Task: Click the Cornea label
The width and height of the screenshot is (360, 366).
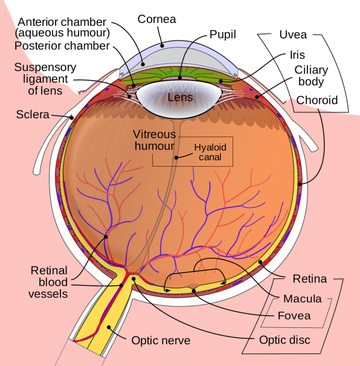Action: tap(156, 19)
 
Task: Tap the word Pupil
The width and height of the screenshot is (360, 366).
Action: tap(222, 35)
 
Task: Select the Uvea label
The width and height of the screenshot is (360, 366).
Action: tap(293, 35)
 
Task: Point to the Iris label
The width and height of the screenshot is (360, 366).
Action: tap(297, 55)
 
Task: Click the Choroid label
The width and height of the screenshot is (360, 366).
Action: tap(317, 100)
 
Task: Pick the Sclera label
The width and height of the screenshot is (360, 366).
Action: tap(33, 115)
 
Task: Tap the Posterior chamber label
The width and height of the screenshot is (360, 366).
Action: tap(62, 46)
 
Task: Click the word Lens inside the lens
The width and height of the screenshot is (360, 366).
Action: tap(180, 97)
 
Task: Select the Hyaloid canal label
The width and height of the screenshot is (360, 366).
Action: tap(210, 152)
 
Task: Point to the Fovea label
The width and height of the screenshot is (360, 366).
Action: tap(294, 316)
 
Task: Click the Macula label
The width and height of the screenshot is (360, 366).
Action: tap(303, 299)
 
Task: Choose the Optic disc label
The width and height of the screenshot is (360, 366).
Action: tap(284, 340)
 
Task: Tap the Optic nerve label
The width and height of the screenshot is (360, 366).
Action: tap(161, 341)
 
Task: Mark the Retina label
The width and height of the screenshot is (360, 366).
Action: tap(310, 278)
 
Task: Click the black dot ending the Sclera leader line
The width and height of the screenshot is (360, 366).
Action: tap(72, 118)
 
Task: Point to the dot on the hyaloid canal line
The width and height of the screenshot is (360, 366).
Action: tap(176, 158)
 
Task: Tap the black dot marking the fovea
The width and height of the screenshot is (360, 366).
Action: tap(193, 291)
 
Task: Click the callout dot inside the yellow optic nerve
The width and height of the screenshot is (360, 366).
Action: tap(109, 327)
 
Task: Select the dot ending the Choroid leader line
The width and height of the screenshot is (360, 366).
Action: tap(300, 184)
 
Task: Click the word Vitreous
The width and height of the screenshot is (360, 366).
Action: tap(154, 135)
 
